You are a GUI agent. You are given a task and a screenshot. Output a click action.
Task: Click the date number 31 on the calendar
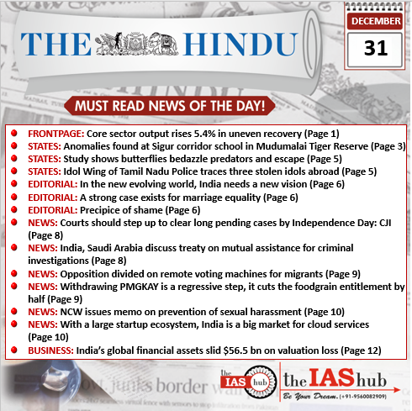pos(375,47)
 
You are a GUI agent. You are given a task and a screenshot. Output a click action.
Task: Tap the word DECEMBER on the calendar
pos(375,21)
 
